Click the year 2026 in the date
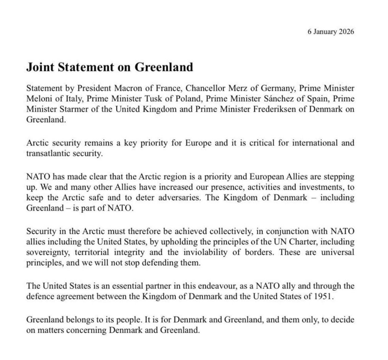(345, 32)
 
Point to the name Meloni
(39, 99)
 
